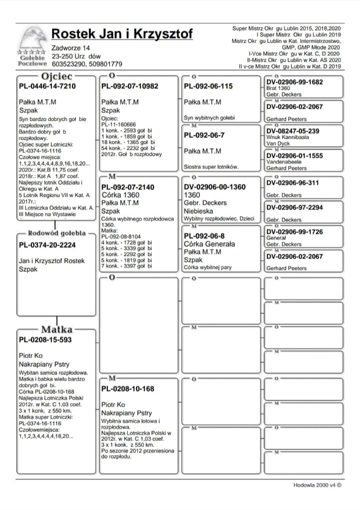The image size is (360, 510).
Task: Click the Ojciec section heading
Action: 57,76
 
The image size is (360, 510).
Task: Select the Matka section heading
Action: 56,329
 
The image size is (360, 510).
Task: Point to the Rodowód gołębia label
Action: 56,233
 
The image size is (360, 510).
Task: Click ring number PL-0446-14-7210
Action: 47,86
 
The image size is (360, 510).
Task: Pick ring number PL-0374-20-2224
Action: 47,245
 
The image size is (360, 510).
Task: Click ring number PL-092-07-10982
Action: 129,86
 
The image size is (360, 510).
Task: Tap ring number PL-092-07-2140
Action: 127,187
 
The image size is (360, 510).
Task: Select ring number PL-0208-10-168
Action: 127,389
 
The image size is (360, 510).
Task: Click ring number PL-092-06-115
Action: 208,86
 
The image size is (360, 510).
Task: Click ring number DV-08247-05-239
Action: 293,131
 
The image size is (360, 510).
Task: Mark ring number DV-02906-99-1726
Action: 294,232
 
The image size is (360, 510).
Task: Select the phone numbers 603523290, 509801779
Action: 87,64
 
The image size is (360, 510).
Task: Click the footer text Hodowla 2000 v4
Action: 317,484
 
